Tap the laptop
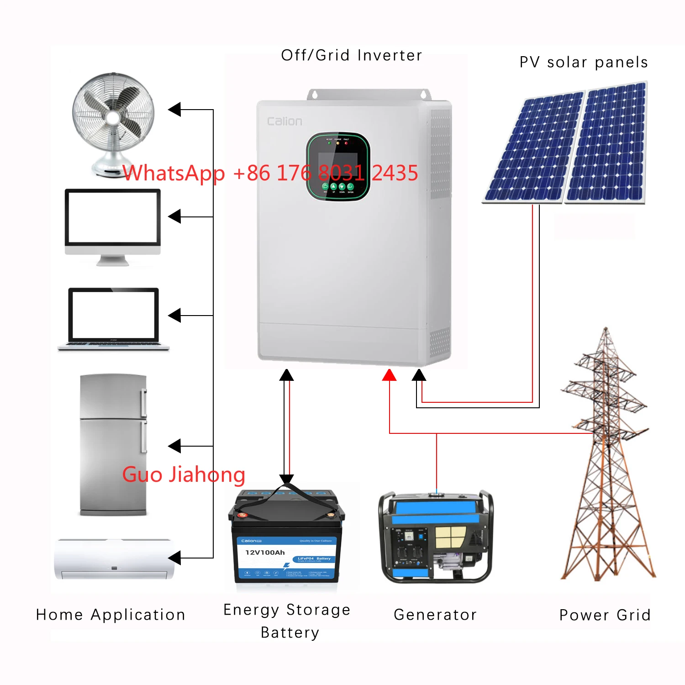(113, 317)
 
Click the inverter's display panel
(338, 167)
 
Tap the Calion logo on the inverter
(285, 121)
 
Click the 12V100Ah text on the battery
(265, 552)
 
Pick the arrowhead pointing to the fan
(174, 110)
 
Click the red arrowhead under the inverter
(389, 375)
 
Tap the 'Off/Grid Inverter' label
(351, 55)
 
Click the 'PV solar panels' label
(584, 62)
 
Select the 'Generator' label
(435, 615)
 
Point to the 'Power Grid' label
(605, 615)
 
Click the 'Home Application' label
(111, 615)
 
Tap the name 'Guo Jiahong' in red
(184, 474)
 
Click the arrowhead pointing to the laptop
(174, 315)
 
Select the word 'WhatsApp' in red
(174, 173)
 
